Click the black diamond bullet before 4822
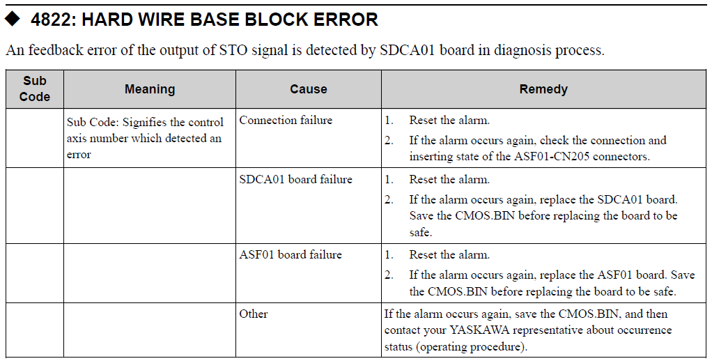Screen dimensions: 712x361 13,19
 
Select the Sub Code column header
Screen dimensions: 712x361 35,89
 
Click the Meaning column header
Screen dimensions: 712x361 150,89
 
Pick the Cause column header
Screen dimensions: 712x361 309,89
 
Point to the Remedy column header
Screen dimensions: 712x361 543,89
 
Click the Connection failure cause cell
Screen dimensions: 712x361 286,121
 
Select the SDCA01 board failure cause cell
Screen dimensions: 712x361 295,179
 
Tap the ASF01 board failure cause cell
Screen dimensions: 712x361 291,255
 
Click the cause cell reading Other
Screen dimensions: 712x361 254,314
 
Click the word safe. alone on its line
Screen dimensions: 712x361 421,233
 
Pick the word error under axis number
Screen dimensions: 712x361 79,155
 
